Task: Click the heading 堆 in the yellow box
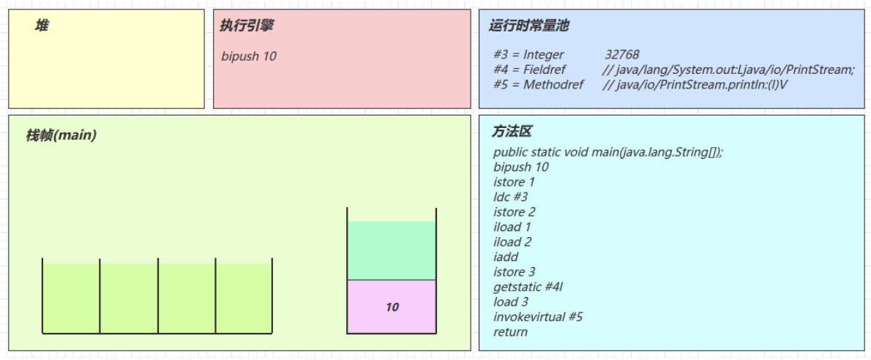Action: tap(42, 26)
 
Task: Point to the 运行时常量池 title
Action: tap(528, 26)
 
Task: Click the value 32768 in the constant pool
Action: tap(622, 54)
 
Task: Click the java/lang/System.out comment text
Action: tap(728, 70)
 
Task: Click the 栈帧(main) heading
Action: tap(61, 135)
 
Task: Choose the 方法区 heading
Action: tap(512, 132)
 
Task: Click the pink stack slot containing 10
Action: tap(392, 307)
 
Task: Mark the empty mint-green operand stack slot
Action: tap(392, 250)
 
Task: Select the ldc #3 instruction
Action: tap(510, 197)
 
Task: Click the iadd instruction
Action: tap(506, 257)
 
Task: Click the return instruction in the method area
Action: tap(510, 332)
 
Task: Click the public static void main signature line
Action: tap(608, 151)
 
